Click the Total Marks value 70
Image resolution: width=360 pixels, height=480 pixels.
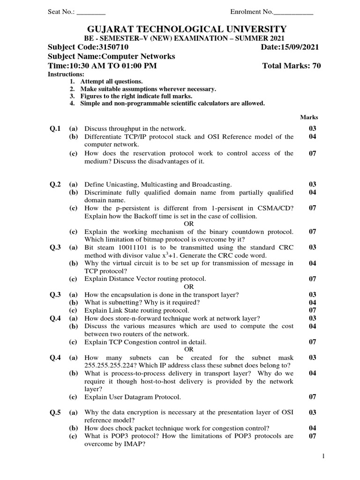(316, 66)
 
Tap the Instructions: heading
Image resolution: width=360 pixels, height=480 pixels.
(67, 75)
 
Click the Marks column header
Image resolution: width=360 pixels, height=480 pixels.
(309, 117)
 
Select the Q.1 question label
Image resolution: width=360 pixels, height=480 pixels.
(55, 128)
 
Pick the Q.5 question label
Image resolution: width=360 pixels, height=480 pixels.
(55, 412)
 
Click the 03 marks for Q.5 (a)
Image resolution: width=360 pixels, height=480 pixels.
(313, 412)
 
